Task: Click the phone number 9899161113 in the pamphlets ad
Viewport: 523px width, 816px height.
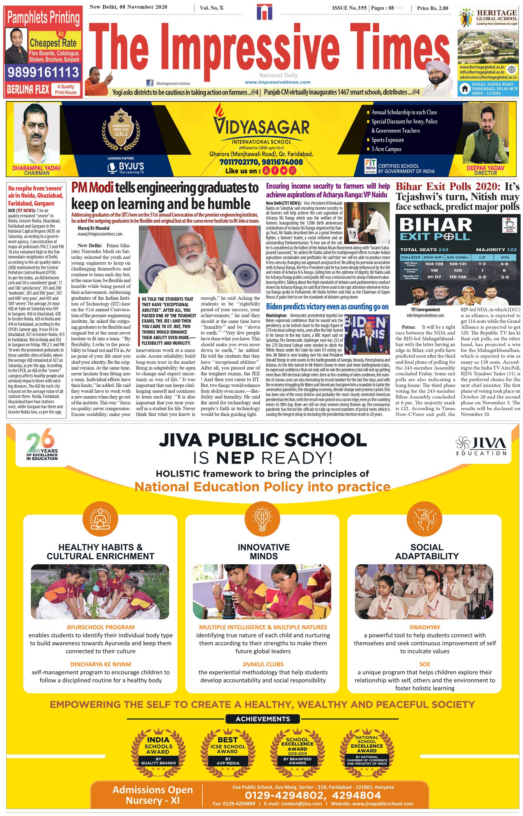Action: pos(43,72)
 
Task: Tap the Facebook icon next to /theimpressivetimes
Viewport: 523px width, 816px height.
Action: pos(149,83)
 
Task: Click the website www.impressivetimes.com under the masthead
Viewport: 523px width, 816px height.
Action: pos(278,82)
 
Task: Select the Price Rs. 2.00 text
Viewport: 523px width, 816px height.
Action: pos(432,8)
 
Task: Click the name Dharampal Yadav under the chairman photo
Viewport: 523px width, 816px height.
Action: pos(36,168)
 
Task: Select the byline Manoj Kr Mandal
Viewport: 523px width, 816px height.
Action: pos(93,228)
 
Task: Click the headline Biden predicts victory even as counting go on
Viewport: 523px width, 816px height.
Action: pos(327,307)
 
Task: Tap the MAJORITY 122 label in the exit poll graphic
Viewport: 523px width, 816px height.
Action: pos(496,250)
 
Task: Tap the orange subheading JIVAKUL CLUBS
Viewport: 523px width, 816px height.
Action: pos(263,664)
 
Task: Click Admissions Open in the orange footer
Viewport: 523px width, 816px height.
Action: pos(153,790)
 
